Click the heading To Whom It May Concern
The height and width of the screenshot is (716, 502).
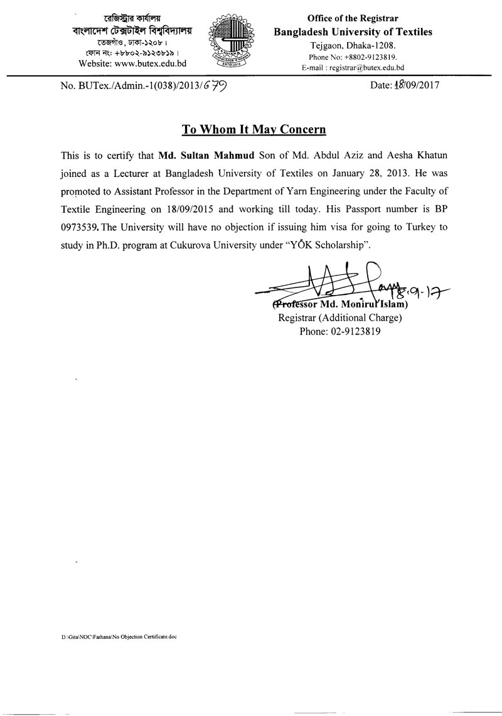[x=254, y=130]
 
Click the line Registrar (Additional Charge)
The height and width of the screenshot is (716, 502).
[x=339, y=318]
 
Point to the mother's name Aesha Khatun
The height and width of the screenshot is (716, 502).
[x=414, y=154]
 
